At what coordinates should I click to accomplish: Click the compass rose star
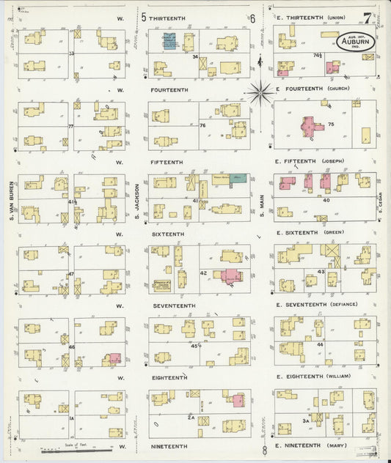click(260, 92)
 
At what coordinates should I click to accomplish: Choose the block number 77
click(70, 126)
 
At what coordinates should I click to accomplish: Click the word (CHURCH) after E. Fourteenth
click(337, 89)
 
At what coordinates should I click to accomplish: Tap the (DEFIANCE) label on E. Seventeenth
click(342, 305)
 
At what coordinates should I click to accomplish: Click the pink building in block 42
click(233, 277)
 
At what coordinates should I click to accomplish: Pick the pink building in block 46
click(115, 358)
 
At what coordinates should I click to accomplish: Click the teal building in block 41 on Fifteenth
click(238, 178)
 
